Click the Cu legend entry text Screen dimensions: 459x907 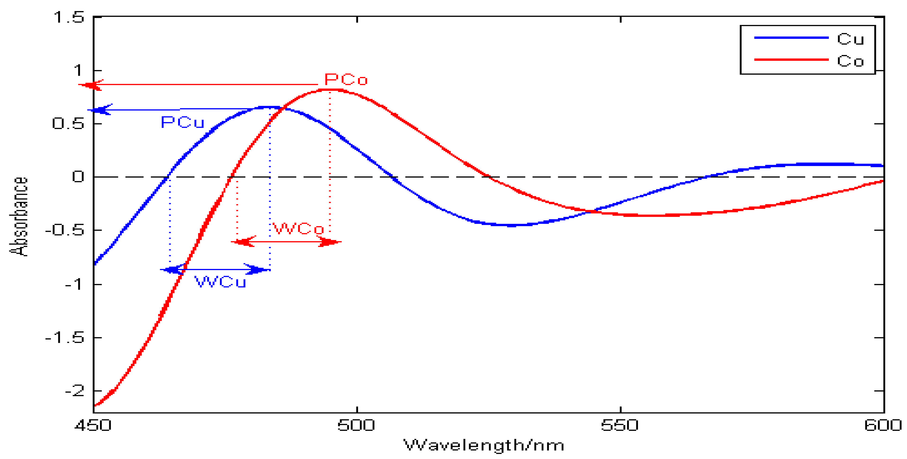click(x=850, y=39)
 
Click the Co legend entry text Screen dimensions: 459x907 click(x=850, y=61)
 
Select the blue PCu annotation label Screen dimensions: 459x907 click(x=182, y=122)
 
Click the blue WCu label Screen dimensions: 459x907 click(x=220, y=282)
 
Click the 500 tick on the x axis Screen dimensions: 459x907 click(x=356, y=425)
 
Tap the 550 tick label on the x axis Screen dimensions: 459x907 click(x=620, y=425)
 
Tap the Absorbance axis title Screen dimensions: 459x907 click(x=18, y=216)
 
